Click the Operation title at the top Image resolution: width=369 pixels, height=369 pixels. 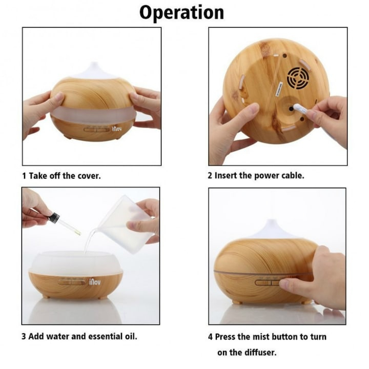(181, 13)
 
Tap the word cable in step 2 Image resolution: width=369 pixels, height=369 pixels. (293, 176)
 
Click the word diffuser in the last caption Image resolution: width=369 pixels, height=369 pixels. (260, 353)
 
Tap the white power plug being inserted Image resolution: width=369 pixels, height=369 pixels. (300, 109)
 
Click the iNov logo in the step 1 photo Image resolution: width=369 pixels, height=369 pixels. (117, 129)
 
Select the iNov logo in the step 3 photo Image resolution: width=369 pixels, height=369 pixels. (95, 281)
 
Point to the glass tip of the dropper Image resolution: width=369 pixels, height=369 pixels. (77, 232)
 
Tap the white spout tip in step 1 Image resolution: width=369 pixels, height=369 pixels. (95, 65)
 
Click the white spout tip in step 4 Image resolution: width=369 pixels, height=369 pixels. (272, 222)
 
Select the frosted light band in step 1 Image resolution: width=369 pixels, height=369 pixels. (94, 113)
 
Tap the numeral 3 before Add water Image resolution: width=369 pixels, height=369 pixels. (24, 337)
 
